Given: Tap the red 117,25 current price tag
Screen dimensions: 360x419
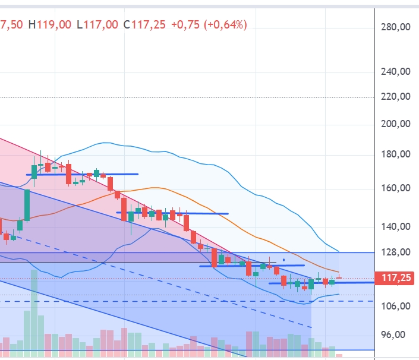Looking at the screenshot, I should [x=396, y=277].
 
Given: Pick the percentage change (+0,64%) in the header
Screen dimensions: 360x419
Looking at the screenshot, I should [x=226, y=24].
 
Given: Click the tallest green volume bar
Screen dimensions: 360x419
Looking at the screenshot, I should [x=34, y=312].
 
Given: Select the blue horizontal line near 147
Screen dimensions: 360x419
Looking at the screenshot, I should [x=172, y=213].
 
